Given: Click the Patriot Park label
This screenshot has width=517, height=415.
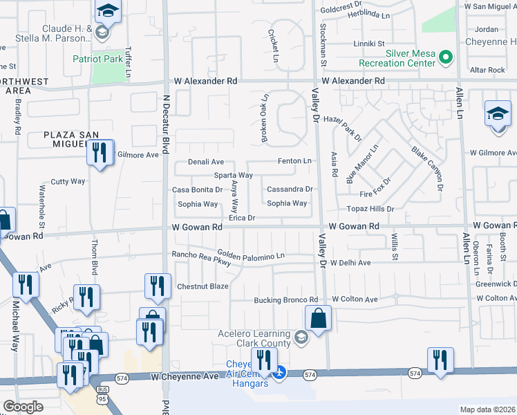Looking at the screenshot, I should (x=98, y=59).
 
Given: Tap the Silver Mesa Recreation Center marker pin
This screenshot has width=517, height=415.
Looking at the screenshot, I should (x=446, y=57).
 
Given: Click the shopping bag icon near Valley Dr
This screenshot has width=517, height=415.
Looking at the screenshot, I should (x=318, y=320).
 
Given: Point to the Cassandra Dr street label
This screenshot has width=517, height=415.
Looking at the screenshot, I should (x=290, y=189).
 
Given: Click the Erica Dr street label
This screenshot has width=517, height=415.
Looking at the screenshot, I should (x=243, y=218).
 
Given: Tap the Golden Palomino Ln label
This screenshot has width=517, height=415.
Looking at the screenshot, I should (x=251, y=256).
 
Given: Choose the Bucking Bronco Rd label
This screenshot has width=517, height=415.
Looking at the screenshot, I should (x=285, y=300).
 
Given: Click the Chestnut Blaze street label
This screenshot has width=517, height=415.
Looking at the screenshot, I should (x=203, y=286).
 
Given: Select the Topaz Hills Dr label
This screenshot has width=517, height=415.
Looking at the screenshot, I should (x=370, y=208).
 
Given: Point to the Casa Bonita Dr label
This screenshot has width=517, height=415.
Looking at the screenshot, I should (x=198, y=190).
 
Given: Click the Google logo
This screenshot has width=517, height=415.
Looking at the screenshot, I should (x=23, y=407).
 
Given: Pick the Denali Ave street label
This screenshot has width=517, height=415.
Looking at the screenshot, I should (x=207, y=162).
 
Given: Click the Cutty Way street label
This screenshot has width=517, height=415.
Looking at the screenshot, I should (x=68, y=181).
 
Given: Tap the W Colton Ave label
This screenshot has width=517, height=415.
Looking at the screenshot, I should (x=355, y=299).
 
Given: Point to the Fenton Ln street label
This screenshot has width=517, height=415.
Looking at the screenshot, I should (x=294, y=161).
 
